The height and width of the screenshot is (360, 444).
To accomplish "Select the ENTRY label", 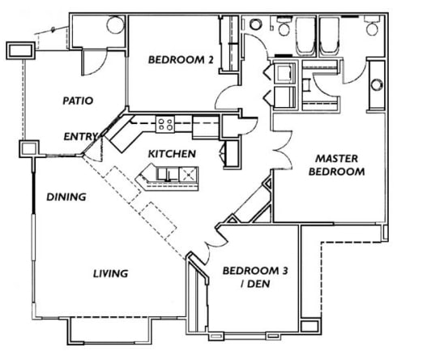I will click(80, 136).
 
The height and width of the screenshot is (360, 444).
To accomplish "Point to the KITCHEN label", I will click(171, 153).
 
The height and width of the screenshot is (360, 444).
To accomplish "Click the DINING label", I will click(66, 196).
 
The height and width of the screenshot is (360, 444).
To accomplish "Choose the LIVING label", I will click(110, 273).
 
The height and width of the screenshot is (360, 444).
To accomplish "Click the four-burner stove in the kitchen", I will click(165, 124).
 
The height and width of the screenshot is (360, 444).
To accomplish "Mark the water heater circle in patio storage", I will click(112, 24).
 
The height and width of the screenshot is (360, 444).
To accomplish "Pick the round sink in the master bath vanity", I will click(377, 84).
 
